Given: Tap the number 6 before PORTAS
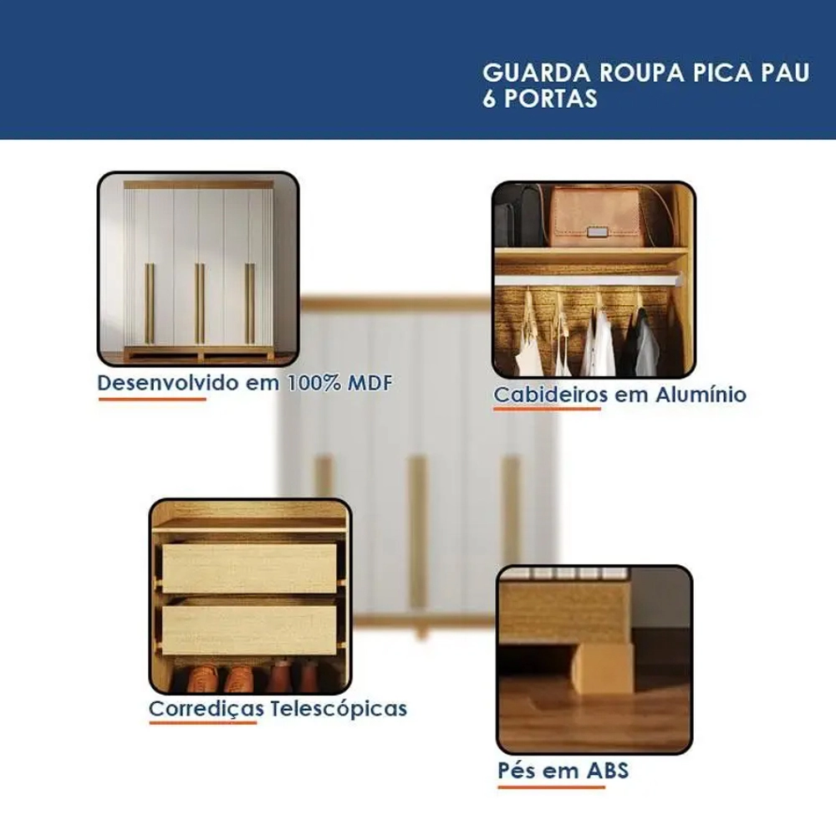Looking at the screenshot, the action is click(x=489, y=99).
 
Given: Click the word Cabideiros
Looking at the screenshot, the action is click(x=551, y=395).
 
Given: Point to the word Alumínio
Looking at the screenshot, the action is click(x=701, y=395).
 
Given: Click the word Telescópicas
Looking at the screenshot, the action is click(x=339, y=709).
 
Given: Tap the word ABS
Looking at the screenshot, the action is click(x=607, y=771).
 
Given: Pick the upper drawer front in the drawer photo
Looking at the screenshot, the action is click(x=249, y=568).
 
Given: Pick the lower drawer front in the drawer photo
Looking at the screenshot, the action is click(x=249, y=630).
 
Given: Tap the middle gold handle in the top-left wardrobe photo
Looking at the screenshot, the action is click(x=200, y=303).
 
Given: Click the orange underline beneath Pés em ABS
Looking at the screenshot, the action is click(x=551, y=787).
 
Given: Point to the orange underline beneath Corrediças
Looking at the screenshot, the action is click(x=202, y=723).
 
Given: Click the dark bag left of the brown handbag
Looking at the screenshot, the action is click(x=520, y=216).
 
